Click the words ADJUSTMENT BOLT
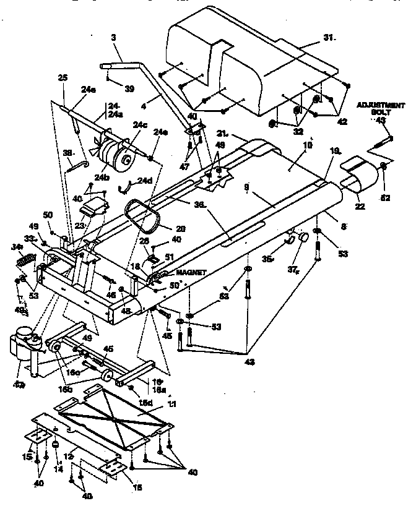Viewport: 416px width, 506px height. tap(378, 109)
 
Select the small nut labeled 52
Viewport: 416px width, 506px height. tap(384, 166)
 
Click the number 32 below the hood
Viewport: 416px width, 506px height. tap(298, 131)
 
